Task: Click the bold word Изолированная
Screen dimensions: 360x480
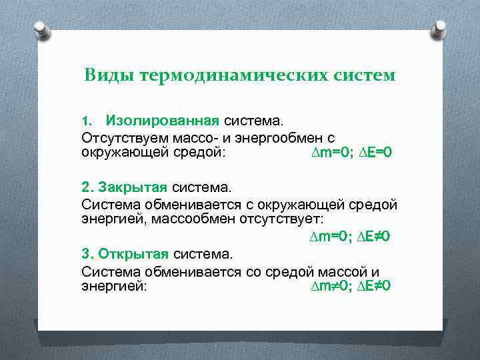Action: (x=162, y=121)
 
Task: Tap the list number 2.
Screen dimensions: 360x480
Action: (x=87, y=186)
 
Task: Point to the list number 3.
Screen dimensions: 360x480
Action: (x=87, y=253)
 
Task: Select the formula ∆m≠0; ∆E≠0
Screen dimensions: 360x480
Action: (x=350, y=286)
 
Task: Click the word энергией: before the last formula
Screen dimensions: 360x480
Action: (x=114, y=286)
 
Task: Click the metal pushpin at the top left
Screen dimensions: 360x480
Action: (x=41, y=30)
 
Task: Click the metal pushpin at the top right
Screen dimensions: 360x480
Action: (x=439, y=29)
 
